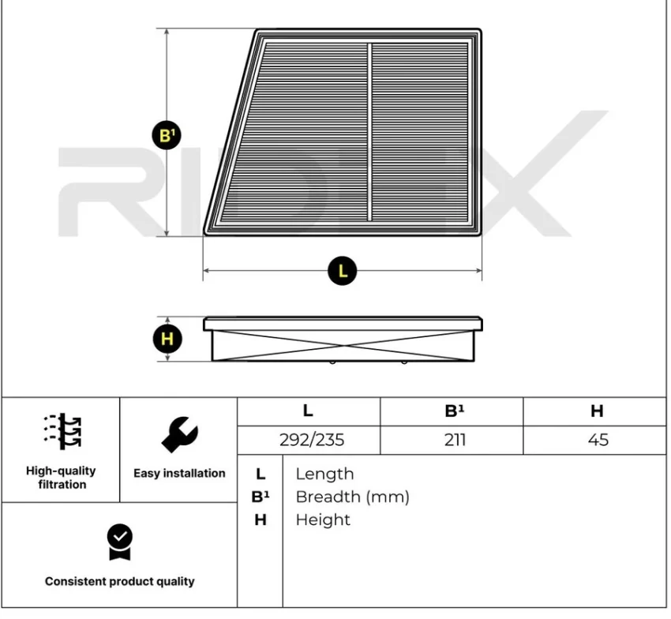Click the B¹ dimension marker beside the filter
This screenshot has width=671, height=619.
point(167,135)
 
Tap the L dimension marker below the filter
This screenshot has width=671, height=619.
point(342,271)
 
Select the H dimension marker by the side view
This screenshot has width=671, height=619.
point(167,340)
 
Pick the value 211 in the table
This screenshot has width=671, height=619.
point(455,440)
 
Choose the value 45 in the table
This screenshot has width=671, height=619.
point(598,440)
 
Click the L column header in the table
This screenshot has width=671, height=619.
point(308,411)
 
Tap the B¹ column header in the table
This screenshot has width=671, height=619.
point(454,411)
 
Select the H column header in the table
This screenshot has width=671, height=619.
point(597,411)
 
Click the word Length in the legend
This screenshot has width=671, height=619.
point(324,474)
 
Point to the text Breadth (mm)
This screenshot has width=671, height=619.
point(352,497)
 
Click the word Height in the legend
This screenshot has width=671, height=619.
point(323,520)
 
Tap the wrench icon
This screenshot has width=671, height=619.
point(179,433)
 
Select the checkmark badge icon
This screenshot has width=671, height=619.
point(120,542)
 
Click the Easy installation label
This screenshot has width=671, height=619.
point(179,474)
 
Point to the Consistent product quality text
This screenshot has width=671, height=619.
point(119,581)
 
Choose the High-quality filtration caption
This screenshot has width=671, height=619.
point(61,477)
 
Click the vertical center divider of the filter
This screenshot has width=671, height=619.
point(369,132)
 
